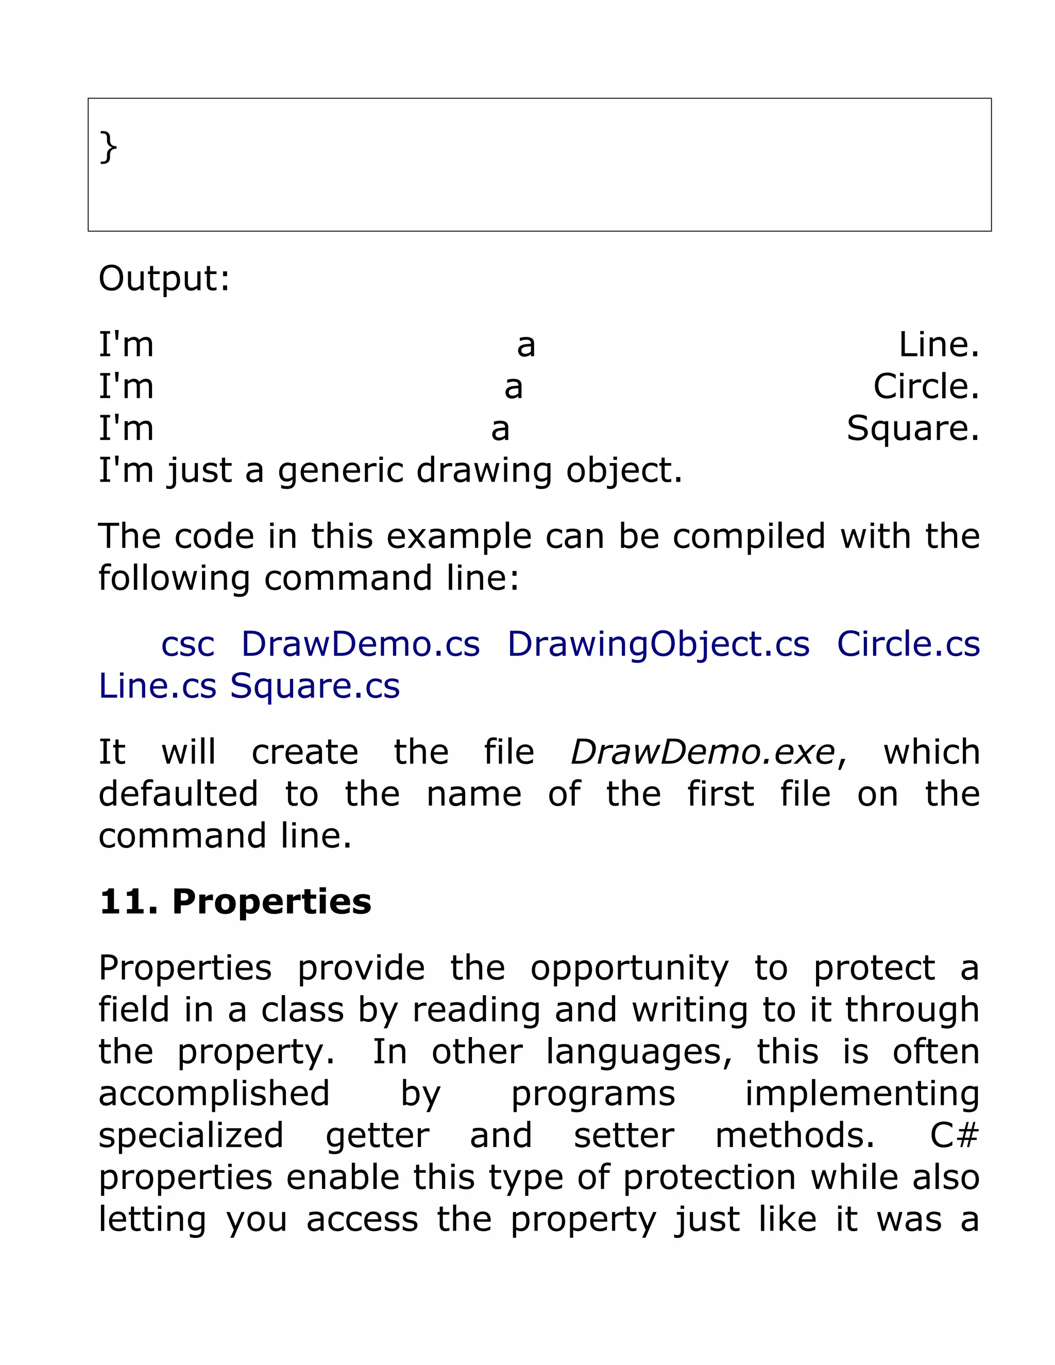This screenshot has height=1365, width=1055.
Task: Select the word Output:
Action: (164, 278)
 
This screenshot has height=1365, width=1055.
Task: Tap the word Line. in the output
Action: (939, 345)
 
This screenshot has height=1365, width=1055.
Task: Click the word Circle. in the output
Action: (926, 386)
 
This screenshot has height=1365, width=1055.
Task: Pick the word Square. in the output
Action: (912, 429)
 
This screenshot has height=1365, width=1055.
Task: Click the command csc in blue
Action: (188, 644)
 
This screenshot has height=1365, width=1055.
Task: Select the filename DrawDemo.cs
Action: (361, 644)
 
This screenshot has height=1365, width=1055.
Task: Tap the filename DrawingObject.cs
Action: (658, 644)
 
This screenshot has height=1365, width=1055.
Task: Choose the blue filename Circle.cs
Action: (908, 644)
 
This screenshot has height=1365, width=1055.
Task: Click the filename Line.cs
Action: (158, 686)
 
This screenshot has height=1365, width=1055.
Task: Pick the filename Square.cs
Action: (315, 686)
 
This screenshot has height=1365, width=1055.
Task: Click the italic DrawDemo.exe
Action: (703, 752)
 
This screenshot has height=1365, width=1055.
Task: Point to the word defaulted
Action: (178, 794)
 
